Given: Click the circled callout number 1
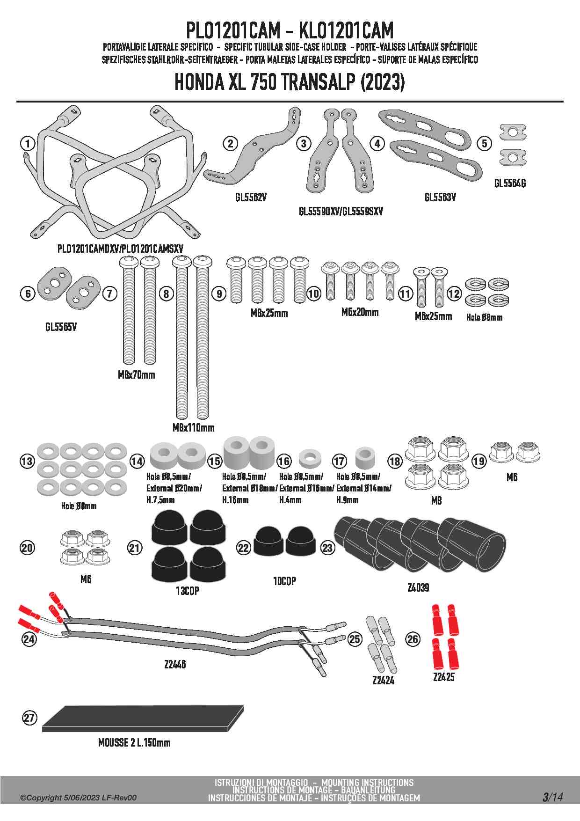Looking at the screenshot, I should [x=28, y=143].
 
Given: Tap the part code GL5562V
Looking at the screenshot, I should [x=251, y=198].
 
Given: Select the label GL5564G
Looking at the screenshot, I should [x=510, y=183].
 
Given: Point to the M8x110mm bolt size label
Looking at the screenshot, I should [x=193, y=427].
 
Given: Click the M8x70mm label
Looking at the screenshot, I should [x=136, y=374].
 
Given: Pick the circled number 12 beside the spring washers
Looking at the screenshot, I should [x=454, y=293].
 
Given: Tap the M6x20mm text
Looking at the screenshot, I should [x=360, y=312].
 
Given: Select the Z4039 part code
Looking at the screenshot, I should [x=418, y=587].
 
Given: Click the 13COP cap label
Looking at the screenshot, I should [x=187, y=591].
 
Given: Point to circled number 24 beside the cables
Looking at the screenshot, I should [x=29, y=639].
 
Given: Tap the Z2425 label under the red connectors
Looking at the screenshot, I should [x=443, y=677].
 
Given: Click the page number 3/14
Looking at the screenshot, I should [x=552, y=797].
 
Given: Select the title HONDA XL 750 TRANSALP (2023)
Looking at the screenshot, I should [x=290, y=82].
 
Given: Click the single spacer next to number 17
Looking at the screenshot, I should [x=365, y=458].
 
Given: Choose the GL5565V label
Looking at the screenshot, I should [x=61, y=327].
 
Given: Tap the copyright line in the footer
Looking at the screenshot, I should [x=78, y=798].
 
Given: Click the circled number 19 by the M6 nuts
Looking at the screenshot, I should [x=478, y=461].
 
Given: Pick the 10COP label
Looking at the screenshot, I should [x=284, y=581].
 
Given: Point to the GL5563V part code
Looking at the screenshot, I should [x=440, y=198].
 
